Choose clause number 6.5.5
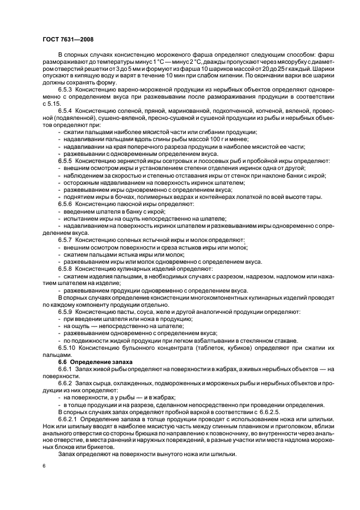click(x=65, y=161)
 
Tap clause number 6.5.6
click(x=65, y=204)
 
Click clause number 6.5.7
click(x=65, y=240)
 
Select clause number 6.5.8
click(x=65, y=269)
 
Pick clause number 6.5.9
click(x=65, y=311)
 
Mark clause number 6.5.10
click(x=66, y=347)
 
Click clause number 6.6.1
click(x=65, y=369)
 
